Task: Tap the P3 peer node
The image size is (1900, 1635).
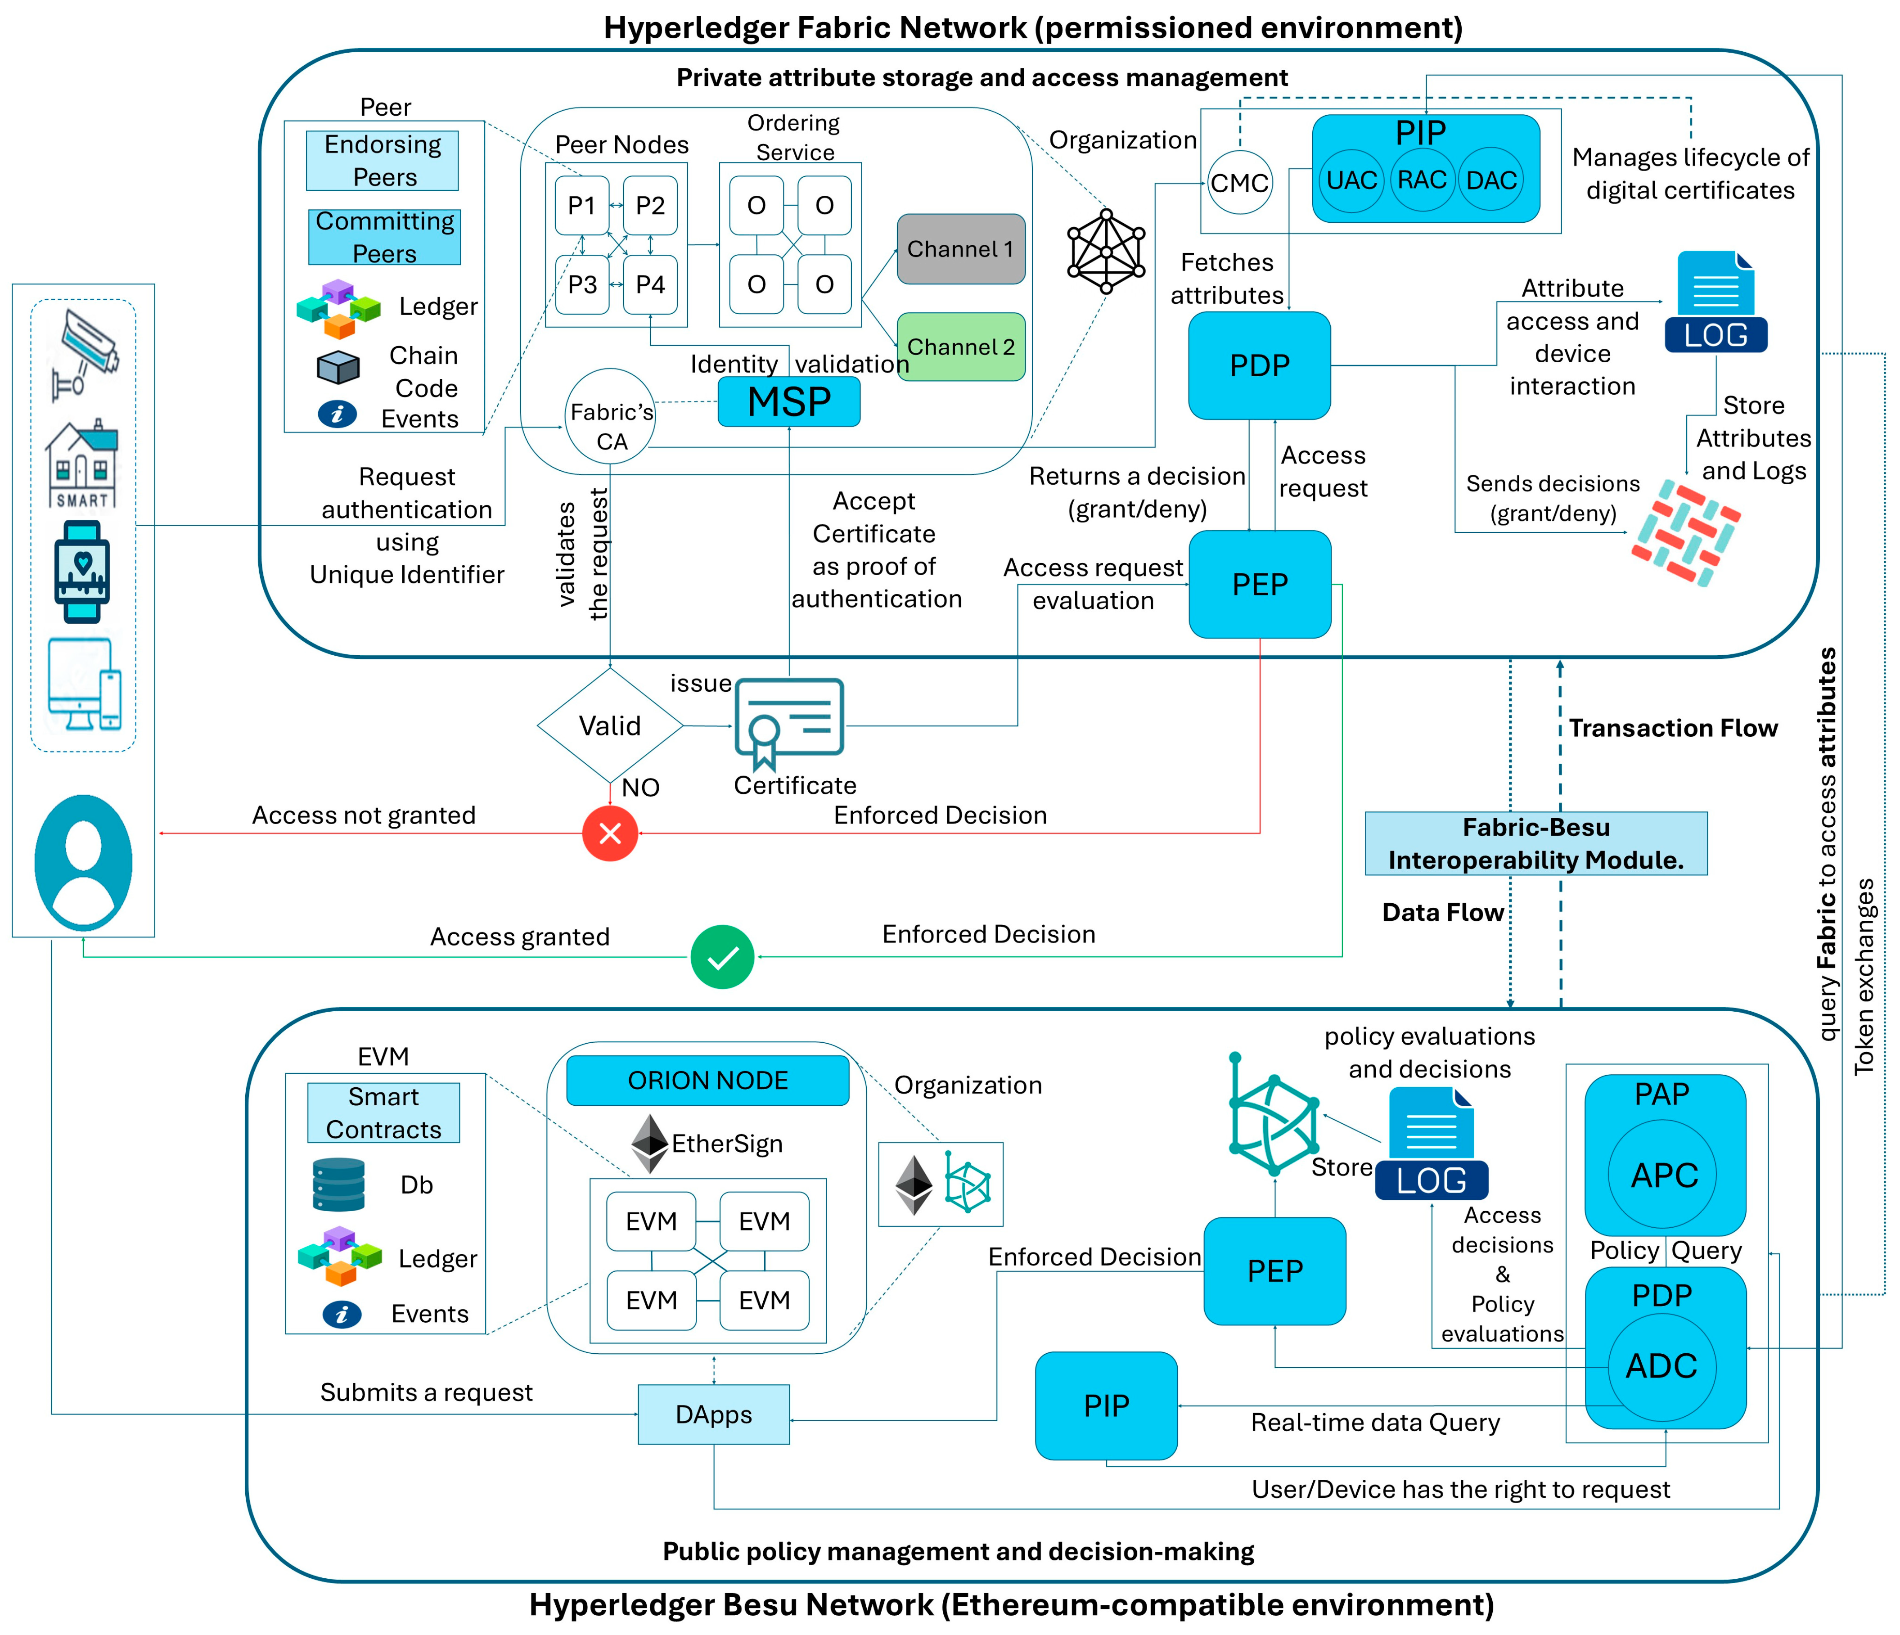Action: tap(582, 284)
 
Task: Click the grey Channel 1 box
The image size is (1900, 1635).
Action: tap(960, 248)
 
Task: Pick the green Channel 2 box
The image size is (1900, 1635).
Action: tap(960, 347)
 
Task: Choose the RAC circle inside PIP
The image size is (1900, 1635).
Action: tap(1421, 180)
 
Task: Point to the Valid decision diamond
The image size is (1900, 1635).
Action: tap(610, 725)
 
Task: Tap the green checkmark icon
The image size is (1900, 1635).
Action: tap(723, 957)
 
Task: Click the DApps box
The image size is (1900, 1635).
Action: tap(713, 1414)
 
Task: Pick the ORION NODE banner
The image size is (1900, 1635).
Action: tap(707, 1080)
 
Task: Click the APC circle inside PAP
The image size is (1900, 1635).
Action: tap(1663, 1175)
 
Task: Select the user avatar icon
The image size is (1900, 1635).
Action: tap(83, 862)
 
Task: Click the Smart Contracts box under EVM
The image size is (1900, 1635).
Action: tap(383, 1113)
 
